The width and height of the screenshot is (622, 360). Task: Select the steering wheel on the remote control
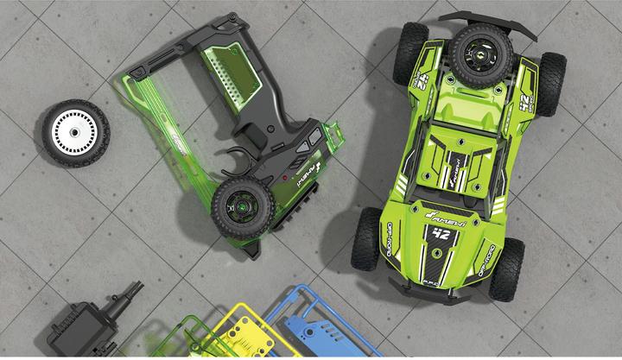click(244, 204)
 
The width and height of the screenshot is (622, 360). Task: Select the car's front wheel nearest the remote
click(369, 238)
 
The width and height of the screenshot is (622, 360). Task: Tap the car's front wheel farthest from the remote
click(506, 268)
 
